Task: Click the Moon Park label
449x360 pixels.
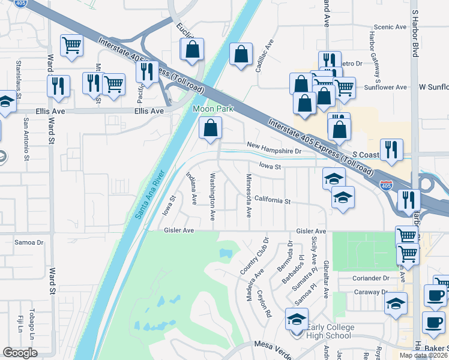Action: pos(209,110)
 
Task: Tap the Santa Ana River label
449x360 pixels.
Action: pos(150,195)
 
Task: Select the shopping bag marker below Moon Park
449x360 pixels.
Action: pos(211,128)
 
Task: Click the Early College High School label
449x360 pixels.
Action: pos(331,331)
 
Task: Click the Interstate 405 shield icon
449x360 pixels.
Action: pos(387,187)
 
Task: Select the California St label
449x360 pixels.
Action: pos(272,200)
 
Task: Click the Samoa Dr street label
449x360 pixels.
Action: pos(29,242)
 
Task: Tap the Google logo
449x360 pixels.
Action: pos(20,353)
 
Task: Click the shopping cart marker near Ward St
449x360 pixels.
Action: pos(71,45)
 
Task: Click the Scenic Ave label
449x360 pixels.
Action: pos(390,27)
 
